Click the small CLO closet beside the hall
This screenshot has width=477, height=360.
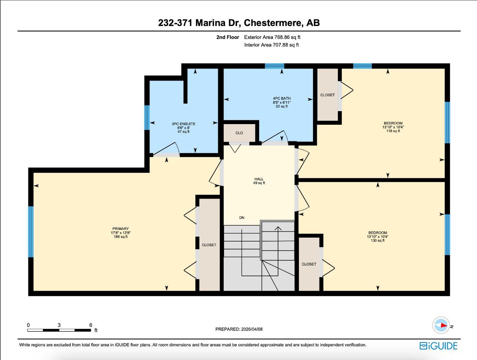[x=239, y=133]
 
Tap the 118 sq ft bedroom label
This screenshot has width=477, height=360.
[x=393, y=127]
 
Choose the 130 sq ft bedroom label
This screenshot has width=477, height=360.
[x=377, y=236]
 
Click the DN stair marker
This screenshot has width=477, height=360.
[x=242, y=218]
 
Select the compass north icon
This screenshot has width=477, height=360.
[x=441, y=326]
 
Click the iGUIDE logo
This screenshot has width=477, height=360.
[x=438, y=346]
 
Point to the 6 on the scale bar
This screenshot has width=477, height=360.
[x=91, y=325]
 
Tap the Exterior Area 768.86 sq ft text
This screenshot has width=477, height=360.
[x=272, y=37]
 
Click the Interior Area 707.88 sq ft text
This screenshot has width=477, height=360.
[x=271, y=45]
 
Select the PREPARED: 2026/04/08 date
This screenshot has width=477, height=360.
[x=239, y=329]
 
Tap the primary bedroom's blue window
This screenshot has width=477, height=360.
[x=31, y=232]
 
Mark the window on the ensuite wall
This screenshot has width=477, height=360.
[x=147, y=117]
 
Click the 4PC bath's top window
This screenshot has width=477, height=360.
[x=274, y=66]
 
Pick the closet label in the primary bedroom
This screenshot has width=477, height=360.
[x=209, y=245]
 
